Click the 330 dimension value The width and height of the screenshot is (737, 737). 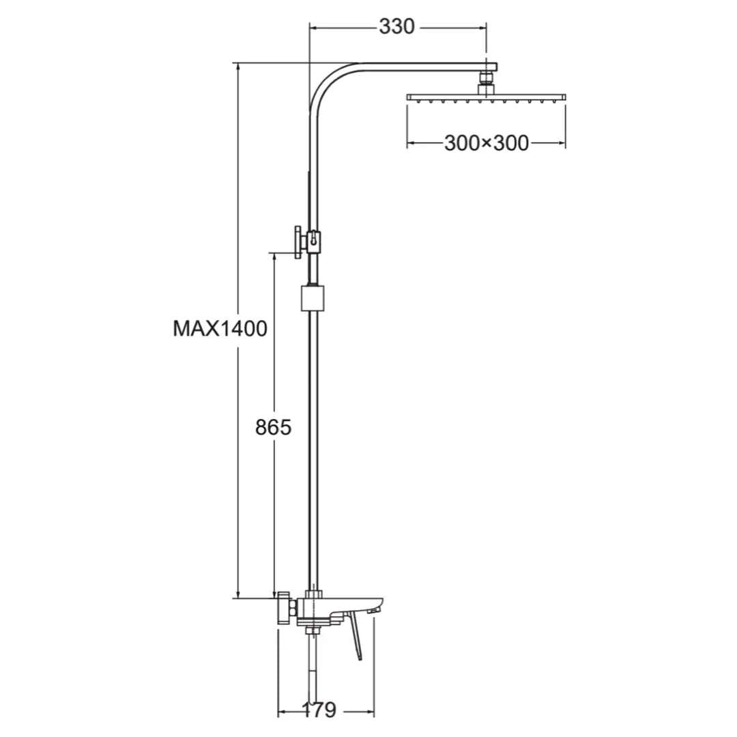(x=396, y=27)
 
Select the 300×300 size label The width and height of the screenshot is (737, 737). (x=486, y=143)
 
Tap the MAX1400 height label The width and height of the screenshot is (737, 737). (x=219, y=329)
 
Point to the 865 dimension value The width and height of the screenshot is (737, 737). (x=273, y=428)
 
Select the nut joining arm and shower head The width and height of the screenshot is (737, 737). (x=486, y=82)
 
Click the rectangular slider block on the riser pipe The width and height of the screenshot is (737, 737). (x=313, y=298)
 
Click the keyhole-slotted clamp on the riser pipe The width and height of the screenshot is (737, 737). (x=314, y=240)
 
